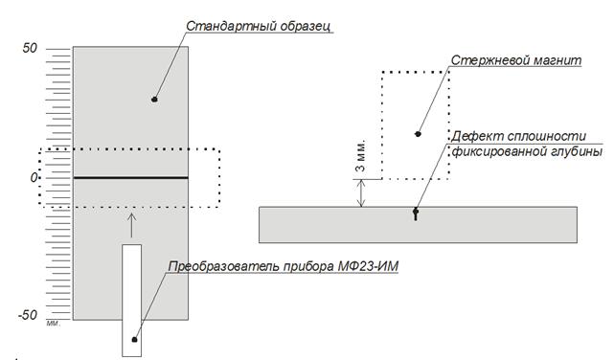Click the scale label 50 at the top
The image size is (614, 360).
click(30, 49)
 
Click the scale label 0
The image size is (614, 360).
click(34, 178)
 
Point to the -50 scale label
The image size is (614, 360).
click(28, 315)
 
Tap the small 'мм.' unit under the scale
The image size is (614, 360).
click(54, 324)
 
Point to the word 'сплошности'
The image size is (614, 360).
click(547, 137)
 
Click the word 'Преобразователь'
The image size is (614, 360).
click(223, 266)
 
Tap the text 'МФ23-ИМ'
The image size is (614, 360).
click(367, 266)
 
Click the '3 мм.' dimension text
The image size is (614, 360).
click(360, 155)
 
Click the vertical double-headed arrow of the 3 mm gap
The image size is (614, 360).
click(361, 192)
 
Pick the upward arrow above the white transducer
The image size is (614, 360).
click(132, 225)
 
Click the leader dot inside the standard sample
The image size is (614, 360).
click(154, 100)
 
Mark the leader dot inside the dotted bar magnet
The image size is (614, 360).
click(418, 134)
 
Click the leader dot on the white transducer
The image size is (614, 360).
click(134, 340)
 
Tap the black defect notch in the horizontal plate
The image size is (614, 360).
click(416, 214)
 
